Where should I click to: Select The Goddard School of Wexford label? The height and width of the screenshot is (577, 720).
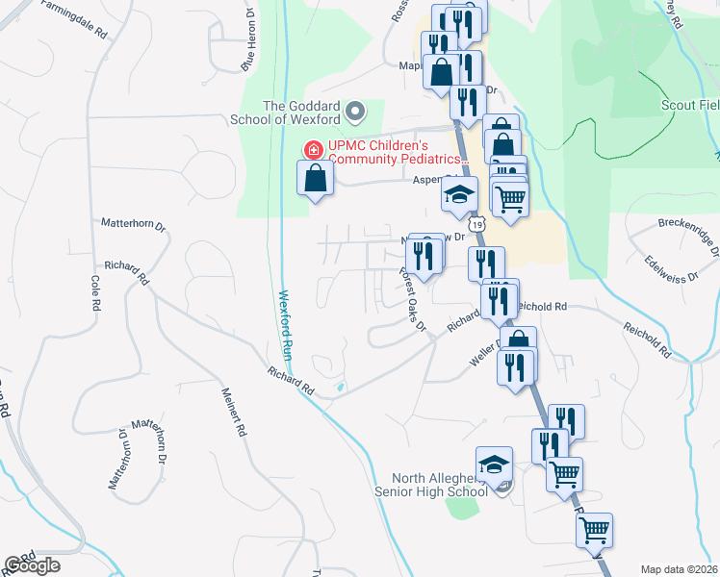pyautogui.click(x=300, y=112)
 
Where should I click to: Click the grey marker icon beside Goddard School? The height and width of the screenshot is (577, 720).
pyautogui.click(x=355, y=112)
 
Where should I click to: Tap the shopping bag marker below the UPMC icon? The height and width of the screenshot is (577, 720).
pyautogui.click(x=316, y=177)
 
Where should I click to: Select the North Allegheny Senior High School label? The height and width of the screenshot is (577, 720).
pyautogui.click(x=431, y=486)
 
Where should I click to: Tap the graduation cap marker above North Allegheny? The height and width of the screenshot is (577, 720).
pyautogui.click(x=494, y=464)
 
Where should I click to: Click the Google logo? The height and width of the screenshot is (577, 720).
pyautogui.click(x=33, y=565)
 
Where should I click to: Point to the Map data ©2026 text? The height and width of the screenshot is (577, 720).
pyautogui.click(x=679, y=569)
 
